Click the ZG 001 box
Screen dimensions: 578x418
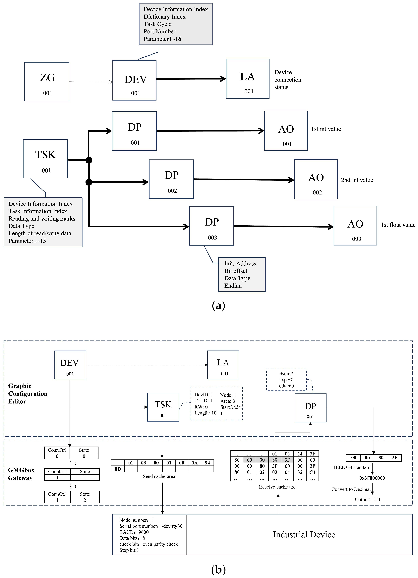[47, 81]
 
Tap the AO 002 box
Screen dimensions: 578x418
[316, 179]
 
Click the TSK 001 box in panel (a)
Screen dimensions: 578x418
[45, 159]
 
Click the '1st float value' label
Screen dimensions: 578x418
[398, 225]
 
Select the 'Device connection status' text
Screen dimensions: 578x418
[287, 80]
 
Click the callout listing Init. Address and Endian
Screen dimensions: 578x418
[242, 275]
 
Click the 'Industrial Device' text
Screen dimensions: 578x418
[304, 534]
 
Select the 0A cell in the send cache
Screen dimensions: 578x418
[194, 463]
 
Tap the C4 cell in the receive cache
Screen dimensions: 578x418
[312, 472]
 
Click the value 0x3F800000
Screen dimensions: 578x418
[372, 478]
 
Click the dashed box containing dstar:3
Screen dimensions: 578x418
[286, 380]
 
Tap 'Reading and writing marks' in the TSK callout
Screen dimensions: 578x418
[42, 219]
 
